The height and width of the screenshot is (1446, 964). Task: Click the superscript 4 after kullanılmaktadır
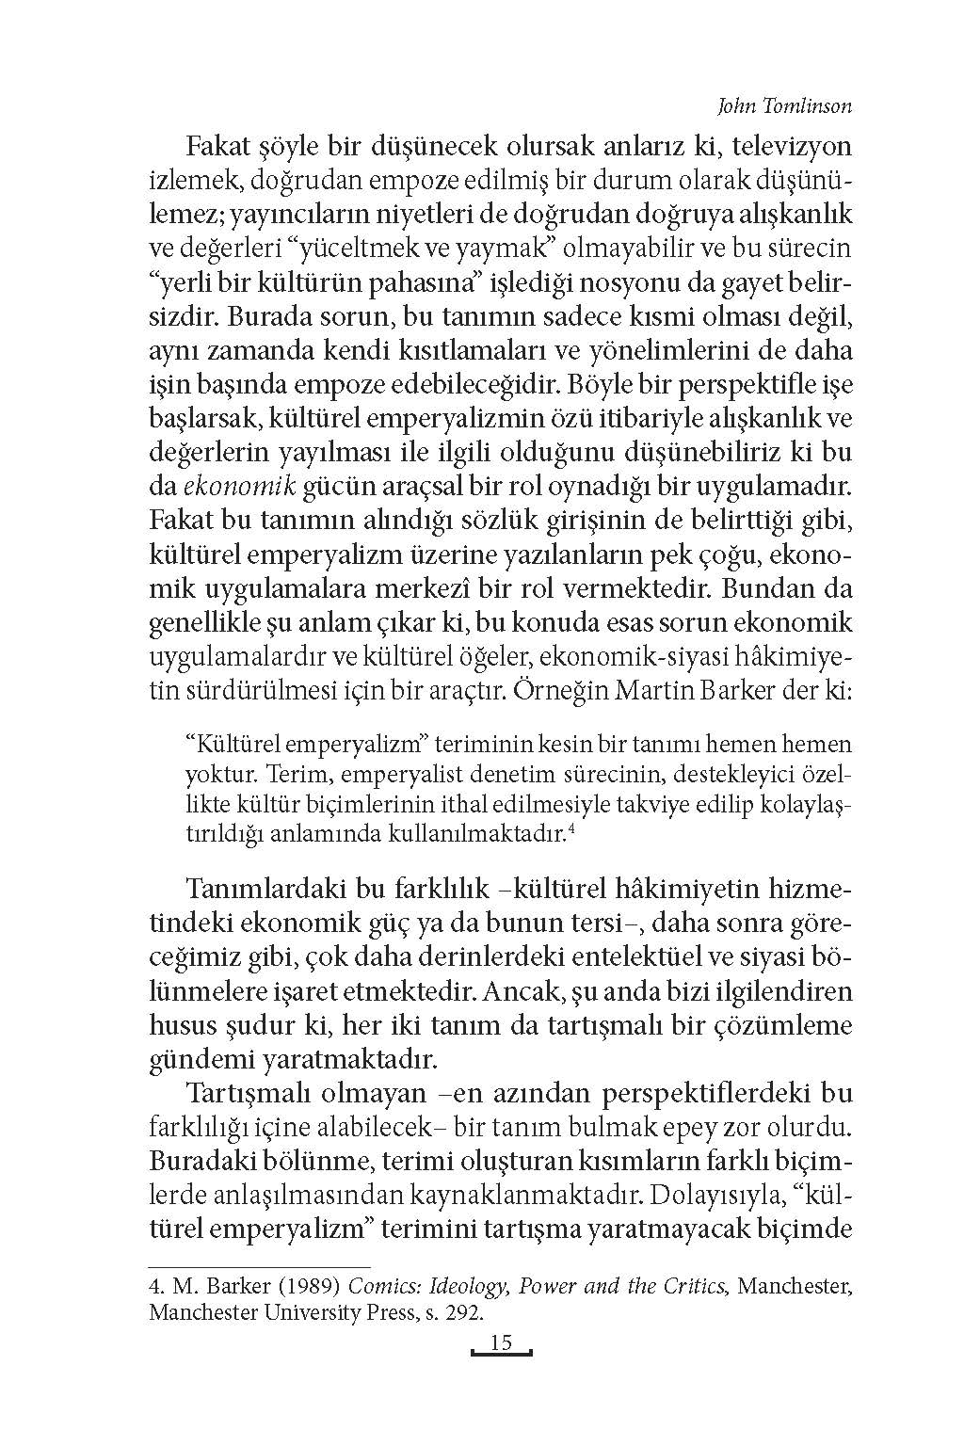[x=571, y=828]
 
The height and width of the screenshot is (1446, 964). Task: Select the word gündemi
[x=194, y=1059]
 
